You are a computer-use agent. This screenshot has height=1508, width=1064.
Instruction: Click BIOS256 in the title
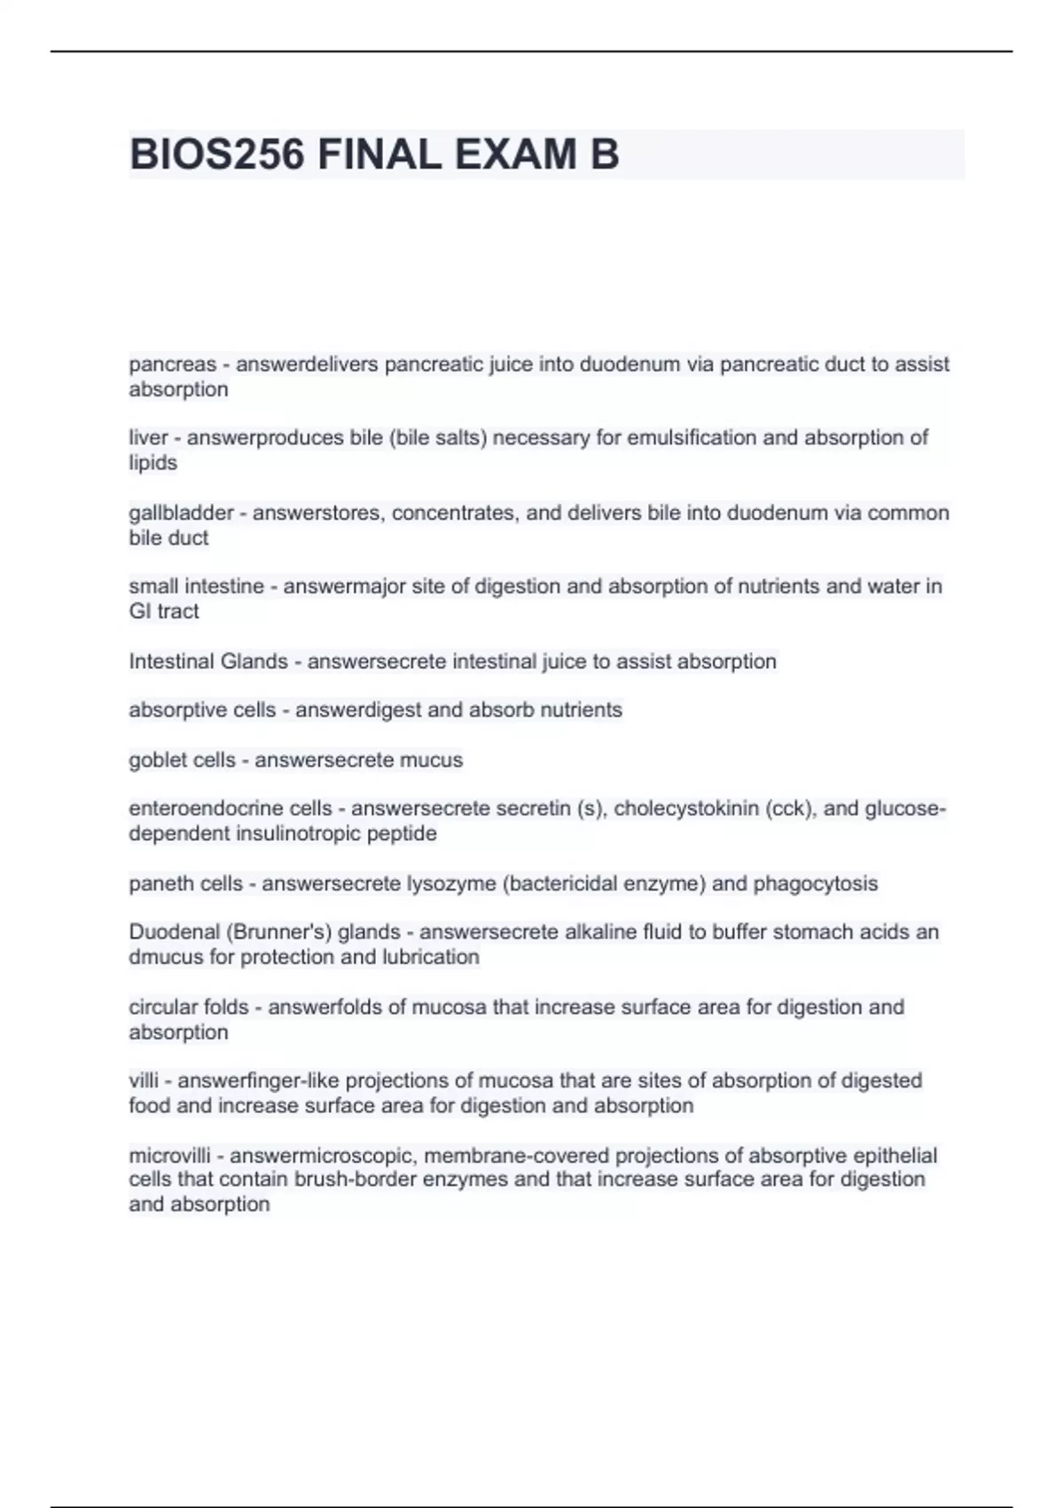[x=217, y=155]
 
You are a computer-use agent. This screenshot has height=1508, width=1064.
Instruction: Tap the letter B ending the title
[x=604, y=155]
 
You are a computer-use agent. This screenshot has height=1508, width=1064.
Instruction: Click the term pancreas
[x=172, y=365]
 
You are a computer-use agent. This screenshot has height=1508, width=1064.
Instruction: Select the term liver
[x=148, y=437]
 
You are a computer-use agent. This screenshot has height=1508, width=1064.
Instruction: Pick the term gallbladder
[x=181, y=513]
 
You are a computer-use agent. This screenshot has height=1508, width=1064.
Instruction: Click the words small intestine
[x=196, y=586]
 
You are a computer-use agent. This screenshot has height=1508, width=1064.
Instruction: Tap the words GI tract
[x=164, y=611]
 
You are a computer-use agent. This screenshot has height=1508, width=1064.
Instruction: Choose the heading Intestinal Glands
[x=208, y=662]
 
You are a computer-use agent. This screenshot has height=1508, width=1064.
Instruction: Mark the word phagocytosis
[x=816, y=884]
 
